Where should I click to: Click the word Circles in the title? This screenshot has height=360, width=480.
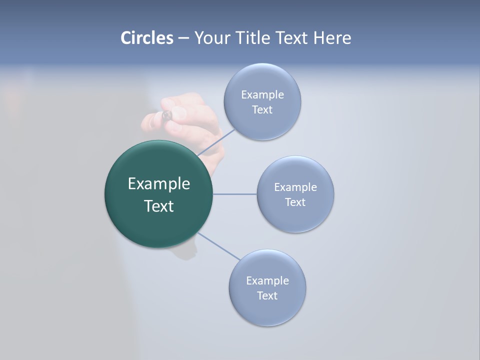(146, 38)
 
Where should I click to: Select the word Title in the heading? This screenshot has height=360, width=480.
(254, 38)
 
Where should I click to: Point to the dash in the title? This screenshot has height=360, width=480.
(183, 38)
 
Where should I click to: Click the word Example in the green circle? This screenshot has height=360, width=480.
(159, 184)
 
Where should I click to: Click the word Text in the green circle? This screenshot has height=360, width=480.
(159, 206)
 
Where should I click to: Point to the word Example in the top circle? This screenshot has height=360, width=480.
(262, 95)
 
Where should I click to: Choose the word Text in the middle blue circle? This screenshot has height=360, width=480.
(295, 202)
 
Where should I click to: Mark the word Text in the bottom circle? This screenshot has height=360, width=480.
(267, 295)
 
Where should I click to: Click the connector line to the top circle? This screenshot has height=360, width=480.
(216, 142)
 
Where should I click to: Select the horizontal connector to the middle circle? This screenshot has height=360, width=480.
(234, 194)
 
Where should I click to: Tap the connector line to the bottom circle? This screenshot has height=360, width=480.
(218, 246)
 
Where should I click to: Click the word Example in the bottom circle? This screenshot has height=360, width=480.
(267, 280)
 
